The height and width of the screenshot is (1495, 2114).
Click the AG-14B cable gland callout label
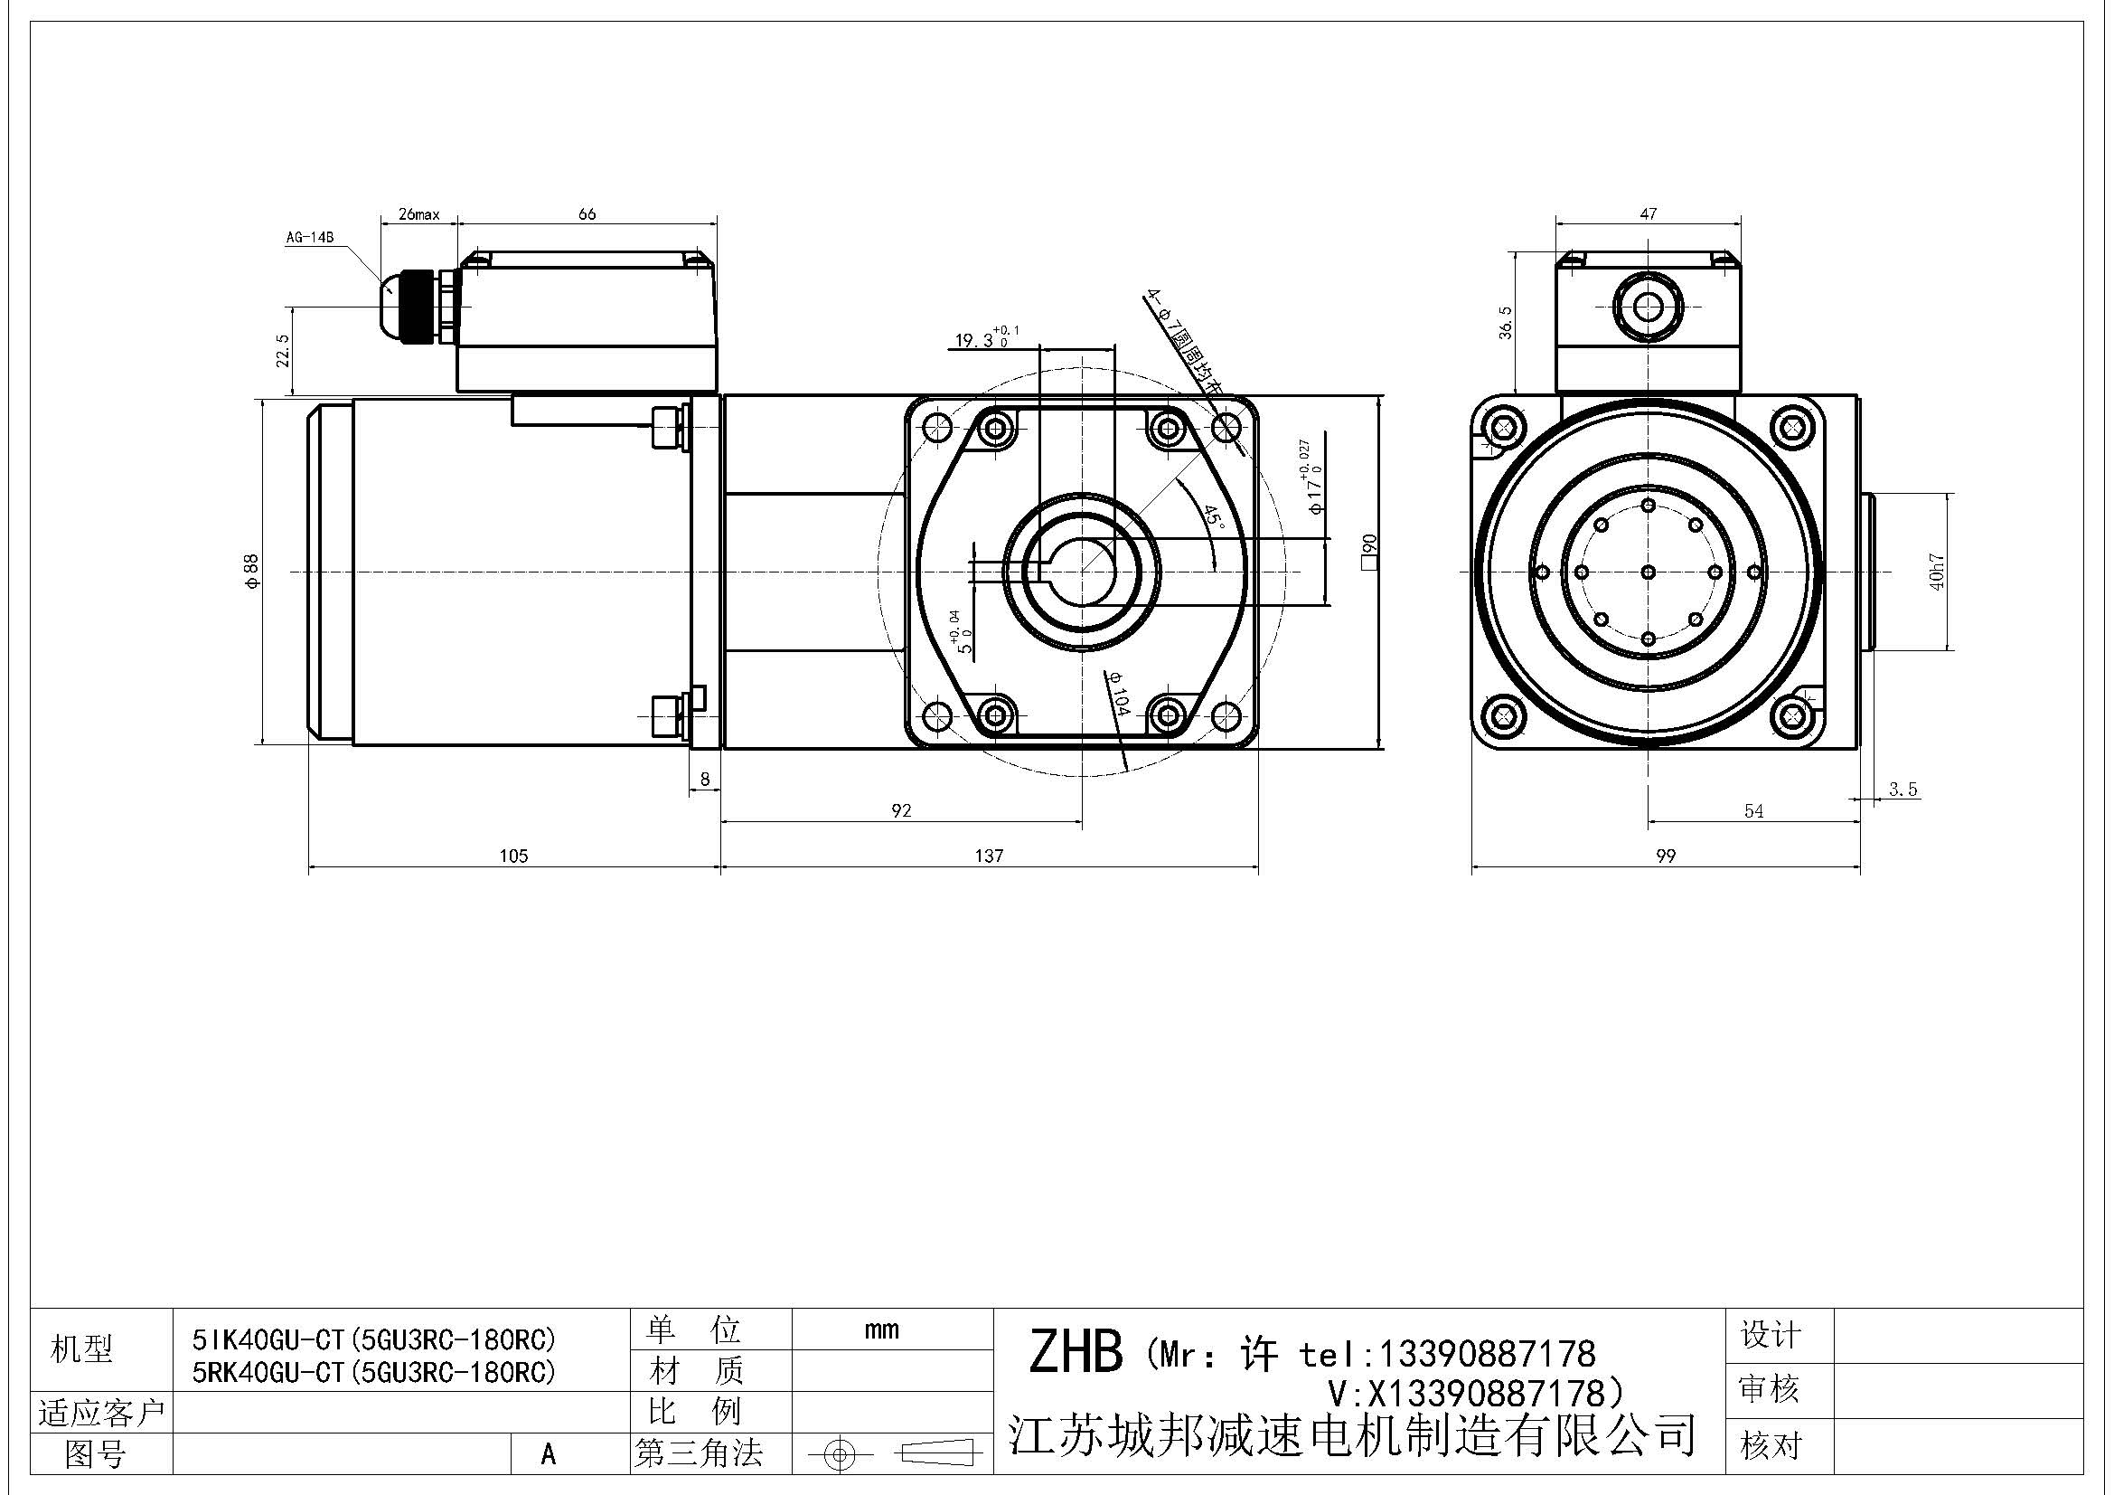[x=308, y=238]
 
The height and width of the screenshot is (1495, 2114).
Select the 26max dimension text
[x=419, y=214]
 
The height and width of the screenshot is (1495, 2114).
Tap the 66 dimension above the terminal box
[x=587, y=213]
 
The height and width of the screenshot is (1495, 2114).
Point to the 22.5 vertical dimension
[x=283, y=350]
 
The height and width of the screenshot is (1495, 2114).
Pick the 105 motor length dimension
[x=513, y=856]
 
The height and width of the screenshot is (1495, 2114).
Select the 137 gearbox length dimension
[x=989, y=856]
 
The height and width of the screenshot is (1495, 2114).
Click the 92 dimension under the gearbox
[x=901, y=810]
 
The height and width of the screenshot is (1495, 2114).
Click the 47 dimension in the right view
[x=1649, y=213]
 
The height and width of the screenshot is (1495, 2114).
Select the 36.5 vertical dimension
[x=1506, y=323]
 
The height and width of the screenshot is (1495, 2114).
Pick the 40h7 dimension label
[x=1936, y=571]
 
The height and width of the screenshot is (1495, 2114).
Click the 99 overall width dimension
[x=1666, y=856]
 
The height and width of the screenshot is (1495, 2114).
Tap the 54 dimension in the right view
[x=1754, y=810]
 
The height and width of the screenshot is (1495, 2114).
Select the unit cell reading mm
[x=881, y=1329]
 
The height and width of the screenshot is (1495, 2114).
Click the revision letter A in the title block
[x=549, y=1454]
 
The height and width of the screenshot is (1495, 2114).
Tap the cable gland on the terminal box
[x=412, y=306]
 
